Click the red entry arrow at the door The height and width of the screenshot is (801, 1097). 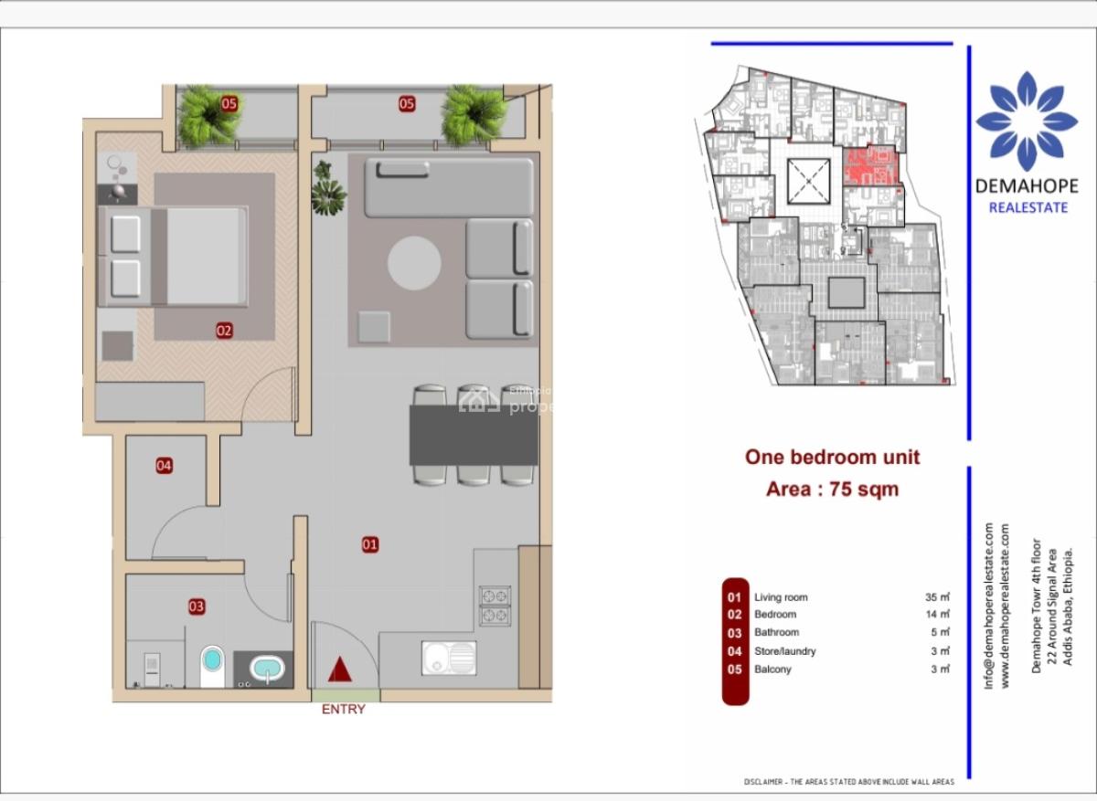[x=340, y=669]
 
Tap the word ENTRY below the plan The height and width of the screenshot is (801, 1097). [x=343, y=710]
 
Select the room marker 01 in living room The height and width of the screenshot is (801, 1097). [x=370, y=545]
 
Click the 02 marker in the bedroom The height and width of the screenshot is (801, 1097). [x=224, y=331]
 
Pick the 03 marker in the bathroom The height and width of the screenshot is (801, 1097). [x=197, y=606]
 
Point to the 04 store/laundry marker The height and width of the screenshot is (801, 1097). [x=164, y=466]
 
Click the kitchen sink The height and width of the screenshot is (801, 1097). [x=448, y=658]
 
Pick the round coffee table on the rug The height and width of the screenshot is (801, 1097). [x=414, y=263]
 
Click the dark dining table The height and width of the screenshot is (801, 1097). [x=473, y=435]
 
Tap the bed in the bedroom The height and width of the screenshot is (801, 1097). [x=174, y=256]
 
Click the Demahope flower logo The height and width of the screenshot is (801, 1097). [x=1027, y=121]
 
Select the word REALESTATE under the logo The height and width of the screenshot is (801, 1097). [x=1028, y=207]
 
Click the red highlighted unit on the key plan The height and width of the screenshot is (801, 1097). [x=868, y=165]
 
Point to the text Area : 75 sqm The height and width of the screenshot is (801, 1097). [x=832, y=490]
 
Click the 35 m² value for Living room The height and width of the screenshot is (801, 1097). [x=937, y=597]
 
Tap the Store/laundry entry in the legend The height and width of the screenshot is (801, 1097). [x=784, y=651]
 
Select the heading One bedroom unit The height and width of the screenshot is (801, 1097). [x=832, y=458]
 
